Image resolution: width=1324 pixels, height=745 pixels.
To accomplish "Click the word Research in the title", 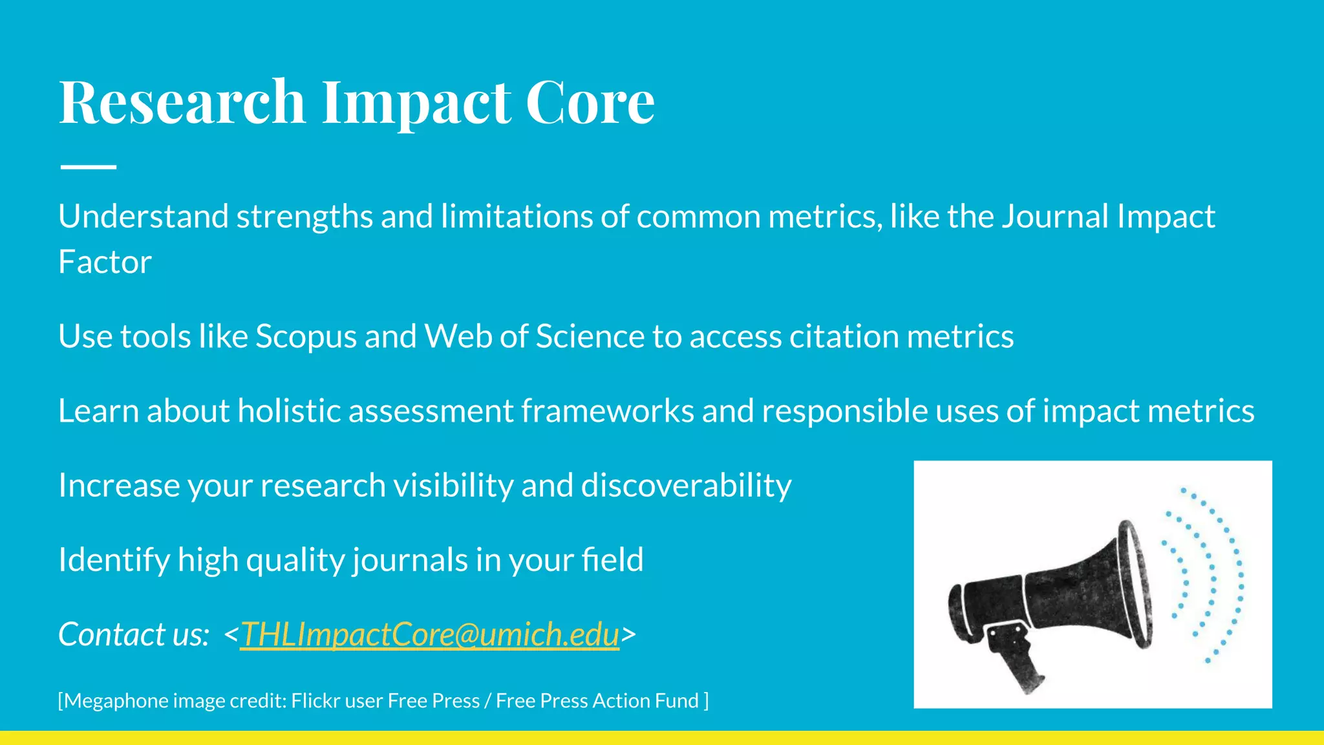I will point(182,102).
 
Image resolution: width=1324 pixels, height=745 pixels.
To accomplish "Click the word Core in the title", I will point(590,102).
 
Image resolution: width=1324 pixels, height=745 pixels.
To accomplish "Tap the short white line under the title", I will point(88,167).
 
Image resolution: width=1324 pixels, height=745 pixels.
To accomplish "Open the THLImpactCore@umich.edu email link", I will point(430,634).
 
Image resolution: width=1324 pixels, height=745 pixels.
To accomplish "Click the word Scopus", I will point(306,337).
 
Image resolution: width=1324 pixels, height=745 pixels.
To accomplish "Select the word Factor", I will point(105,262).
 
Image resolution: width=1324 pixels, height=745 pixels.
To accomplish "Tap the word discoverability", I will point(686,485).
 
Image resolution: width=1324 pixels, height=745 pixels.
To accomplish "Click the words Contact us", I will point(133,634).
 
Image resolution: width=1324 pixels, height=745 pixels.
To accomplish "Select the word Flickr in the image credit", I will point(315,701).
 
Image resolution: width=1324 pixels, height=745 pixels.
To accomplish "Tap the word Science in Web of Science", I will point(590,337).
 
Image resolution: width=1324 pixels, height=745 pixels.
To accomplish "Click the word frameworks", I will point(608,411).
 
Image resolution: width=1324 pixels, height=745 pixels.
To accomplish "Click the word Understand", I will point(143,217).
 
